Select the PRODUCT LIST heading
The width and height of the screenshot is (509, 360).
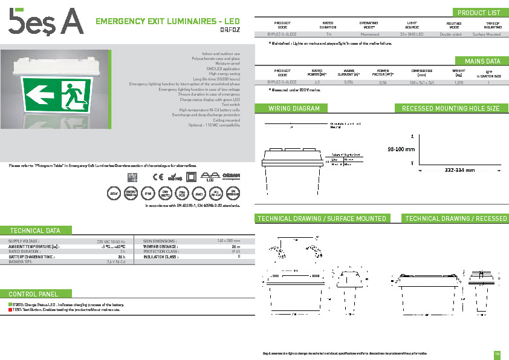pyautogui.click(x=479, y=13)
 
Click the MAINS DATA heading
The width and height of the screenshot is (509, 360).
pyautogui.click(x=482, y=61)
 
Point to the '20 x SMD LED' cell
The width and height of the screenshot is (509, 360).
pyautogui.click(x=412, y=34)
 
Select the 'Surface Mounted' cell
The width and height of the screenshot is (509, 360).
pyautogui.click(x=487, y=34)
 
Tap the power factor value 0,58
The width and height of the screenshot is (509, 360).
pyautogui.click(x=383, y=81)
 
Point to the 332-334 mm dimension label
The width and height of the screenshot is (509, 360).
pyautogui.click(x=460, y=171)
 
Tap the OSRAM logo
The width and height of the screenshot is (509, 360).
pyautogui.click(x=232, y=176)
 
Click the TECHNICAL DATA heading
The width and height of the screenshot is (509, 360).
pyautogui.click(x=35, y=231)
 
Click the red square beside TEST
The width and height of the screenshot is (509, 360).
pyautogui.click(x=10, y=310)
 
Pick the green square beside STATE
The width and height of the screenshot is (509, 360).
pyautogui.click(x=10, y=304)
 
